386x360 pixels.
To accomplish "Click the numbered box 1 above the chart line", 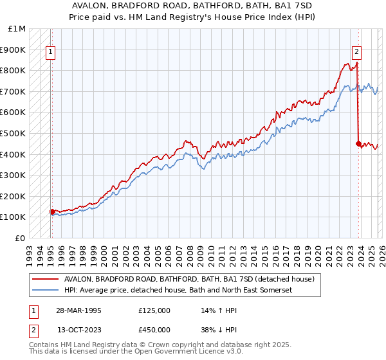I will (x=51, y=53).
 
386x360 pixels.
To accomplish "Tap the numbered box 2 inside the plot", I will (x=356, y=53).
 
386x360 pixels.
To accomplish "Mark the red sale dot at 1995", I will (x=52, y=212).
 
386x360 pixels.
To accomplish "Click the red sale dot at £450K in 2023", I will (x=358, y=143).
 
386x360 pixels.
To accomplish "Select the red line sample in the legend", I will (x=46, y=279).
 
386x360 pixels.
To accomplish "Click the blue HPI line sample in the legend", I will (x=46, y=291).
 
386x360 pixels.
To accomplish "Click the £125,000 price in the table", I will (x=154, y=310).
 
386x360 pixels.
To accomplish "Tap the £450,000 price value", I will (x=154, y=330).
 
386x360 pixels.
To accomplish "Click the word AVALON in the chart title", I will (x=99, y=5).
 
